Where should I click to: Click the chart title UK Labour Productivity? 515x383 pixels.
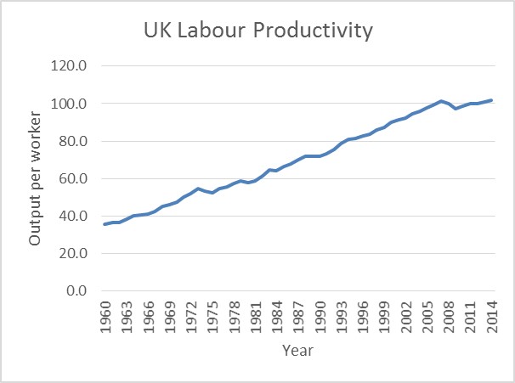[257, 31]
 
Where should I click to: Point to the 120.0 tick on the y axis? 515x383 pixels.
[71, 66]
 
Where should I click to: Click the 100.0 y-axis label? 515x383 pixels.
[71, 104]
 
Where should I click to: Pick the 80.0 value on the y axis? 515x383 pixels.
[73, 141]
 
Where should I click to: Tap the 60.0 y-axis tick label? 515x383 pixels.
[73, 178]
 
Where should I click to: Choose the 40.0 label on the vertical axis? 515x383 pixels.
[73, 216]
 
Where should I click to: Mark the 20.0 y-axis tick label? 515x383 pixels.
[73, 253]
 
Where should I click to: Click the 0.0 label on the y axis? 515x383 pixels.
[76, 290]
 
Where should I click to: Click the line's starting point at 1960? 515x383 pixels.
[105, 224]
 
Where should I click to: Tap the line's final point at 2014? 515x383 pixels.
[491, 100]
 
